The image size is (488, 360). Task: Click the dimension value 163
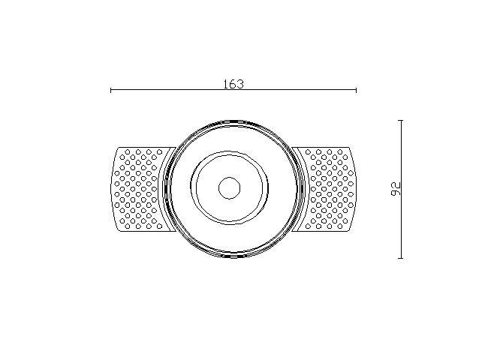(233, 84)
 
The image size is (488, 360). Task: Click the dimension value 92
(395, 189)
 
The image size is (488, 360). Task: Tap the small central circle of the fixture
(230, 188)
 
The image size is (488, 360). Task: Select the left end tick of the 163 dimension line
(111, 90)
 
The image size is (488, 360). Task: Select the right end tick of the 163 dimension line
(356, 90)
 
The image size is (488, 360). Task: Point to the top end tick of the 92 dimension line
(401, 120)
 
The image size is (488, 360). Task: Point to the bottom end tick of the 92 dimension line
(401, 258)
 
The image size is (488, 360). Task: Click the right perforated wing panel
(327, 189)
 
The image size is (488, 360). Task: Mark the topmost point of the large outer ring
(233, 120)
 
